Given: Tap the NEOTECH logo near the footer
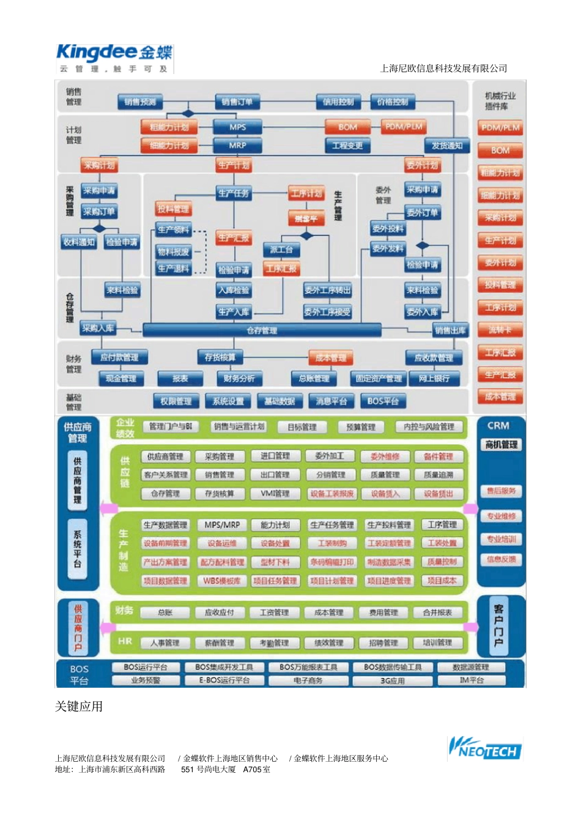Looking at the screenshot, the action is [x=485, y=748].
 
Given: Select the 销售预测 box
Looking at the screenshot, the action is [x=140, y=102].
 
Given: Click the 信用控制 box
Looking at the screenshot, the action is [x=338, y=102].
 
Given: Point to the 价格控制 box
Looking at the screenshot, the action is [x=393, y=102].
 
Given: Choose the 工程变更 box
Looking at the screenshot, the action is [x=347, y=146].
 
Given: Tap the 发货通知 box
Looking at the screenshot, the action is [x=447, y=146].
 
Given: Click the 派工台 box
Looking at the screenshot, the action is [x=281, y=250].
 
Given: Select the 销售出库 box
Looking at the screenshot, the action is [x=450, y=330].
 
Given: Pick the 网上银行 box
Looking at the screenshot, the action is [x=434, y=379].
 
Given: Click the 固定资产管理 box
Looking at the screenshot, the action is [x=379, y=379].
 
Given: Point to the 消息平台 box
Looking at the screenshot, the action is [x=331, y=401].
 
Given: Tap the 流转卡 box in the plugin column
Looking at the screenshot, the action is [x=500, y=330].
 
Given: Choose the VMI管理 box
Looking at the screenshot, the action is [x=275, y=493].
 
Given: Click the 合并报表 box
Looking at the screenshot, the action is [x=438, y=613].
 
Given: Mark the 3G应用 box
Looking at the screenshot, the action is [x=393, y=680].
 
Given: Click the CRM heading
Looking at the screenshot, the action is [x=498, y=425].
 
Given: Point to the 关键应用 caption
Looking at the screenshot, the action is [x=79, y=707].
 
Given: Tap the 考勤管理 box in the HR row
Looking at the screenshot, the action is [x=274, y=643].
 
